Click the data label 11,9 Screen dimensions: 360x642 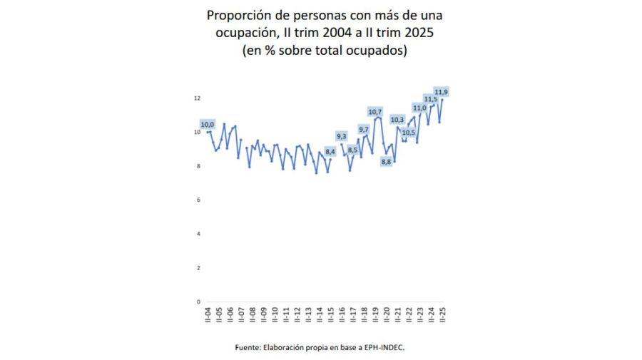pos(442,92)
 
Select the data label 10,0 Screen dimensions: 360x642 pos(208,125)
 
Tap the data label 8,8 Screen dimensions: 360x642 pos(387,162)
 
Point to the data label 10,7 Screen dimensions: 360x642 pos(375,112)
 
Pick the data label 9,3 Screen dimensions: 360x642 pos(342,136)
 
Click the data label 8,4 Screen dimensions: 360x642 pos(330,152)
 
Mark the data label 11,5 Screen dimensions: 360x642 pos(430,99)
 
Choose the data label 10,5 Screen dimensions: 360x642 pos(408,133)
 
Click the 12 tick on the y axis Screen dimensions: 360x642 pos(197,98)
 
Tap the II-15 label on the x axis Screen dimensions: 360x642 pos(330,315)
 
